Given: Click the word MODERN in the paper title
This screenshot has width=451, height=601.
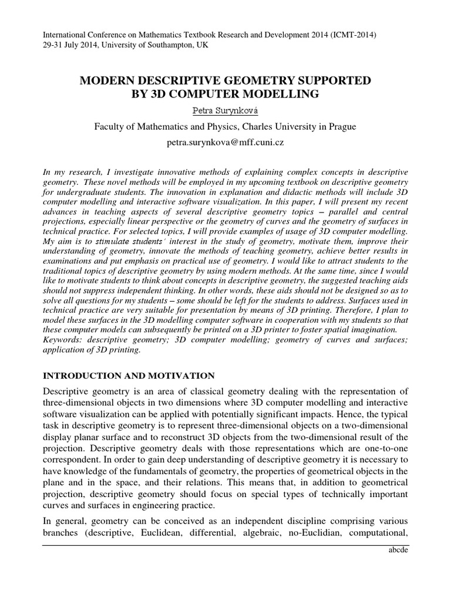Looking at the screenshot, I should click(x=109, y=80).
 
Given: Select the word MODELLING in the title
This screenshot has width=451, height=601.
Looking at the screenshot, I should click(x=284, y=94).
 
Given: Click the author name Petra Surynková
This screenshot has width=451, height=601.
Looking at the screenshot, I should click(x=225, y=109).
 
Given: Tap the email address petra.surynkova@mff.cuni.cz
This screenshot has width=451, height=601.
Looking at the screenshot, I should click(x=225, y=143).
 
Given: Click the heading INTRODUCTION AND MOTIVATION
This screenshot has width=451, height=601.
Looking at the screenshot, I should click(x=129, y=376).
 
